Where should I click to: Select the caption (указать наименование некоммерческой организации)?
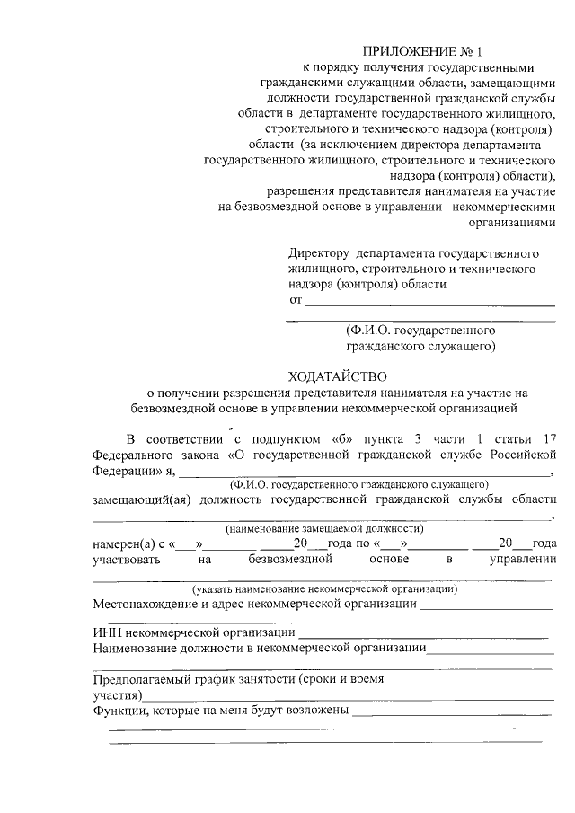[x=324, y=589]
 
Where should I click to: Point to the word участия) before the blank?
[x=117, y=695]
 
